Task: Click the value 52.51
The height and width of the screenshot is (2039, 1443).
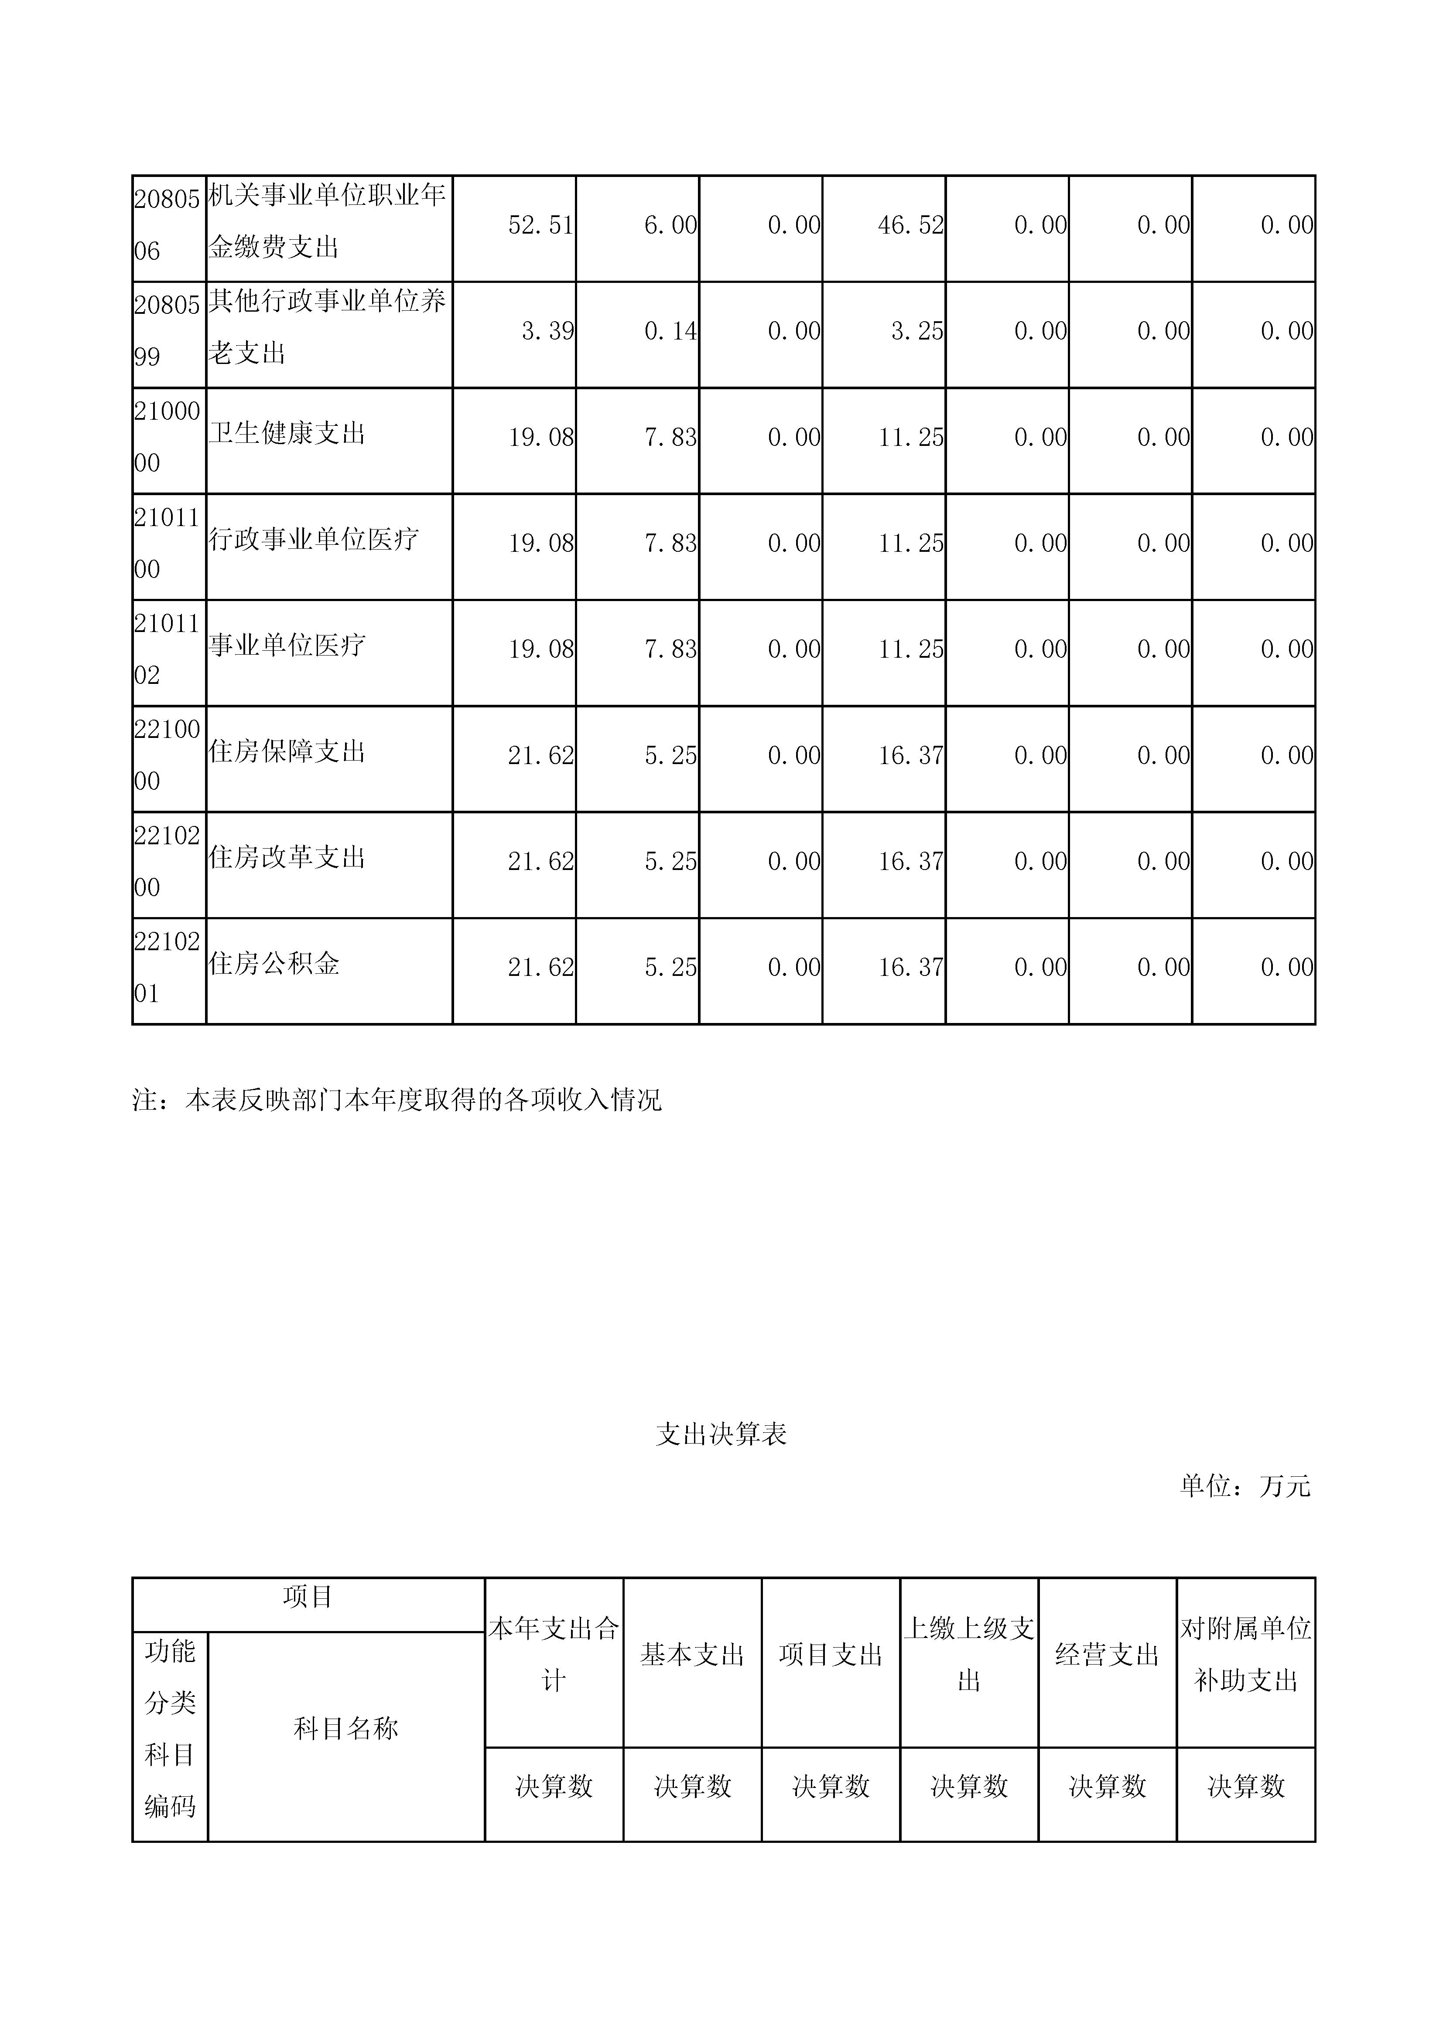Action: pyautogui.click(x=540, y=226)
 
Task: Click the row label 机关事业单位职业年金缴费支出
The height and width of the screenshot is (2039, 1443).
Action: pyautogui.click(x=327, y=220)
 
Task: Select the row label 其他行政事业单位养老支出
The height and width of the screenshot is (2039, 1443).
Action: pyautogui.click(x=327, y=327)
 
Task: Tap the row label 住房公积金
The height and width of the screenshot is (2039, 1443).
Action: pyautogui.click(x=274, y=964)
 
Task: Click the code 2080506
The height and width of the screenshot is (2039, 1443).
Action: pyautogui.click(x=167, y=226)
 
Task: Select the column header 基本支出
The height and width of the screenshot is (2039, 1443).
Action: pyautogui.click(x=692, y=1655)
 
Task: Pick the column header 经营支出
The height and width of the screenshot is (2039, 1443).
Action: pyautogui.click(x=1107, y=1655)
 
